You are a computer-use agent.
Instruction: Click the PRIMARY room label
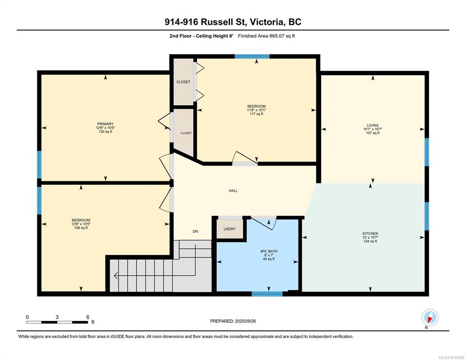coord(105,124)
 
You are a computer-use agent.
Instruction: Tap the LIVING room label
coord(373,126)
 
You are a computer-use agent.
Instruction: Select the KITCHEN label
coord(370,233)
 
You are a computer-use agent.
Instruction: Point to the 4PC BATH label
coord(269,251)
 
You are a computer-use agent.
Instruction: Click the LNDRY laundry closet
coord(229,229)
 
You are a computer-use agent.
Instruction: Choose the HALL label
coord(233,191)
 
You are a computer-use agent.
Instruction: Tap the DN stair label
coord(195,231)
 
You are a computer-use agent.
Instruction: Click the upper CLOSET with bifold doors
coord(183,82)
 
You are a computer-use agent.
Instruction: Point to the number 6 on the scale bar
coord(88,317)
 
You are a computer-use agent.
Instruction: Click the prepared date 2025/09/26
coord(245,321)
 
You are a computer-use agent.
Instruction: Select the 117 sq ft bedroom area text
coord(256,114)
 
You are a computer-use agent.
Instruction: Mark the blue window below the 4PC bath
coord(267,294)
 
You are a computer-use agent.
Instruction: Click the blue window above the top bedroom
coord(252,56)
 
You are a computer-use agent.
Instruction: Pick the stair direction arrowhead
coord(116,276)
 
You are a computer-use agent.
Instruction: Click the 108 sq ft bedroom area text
coord(81,228)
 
